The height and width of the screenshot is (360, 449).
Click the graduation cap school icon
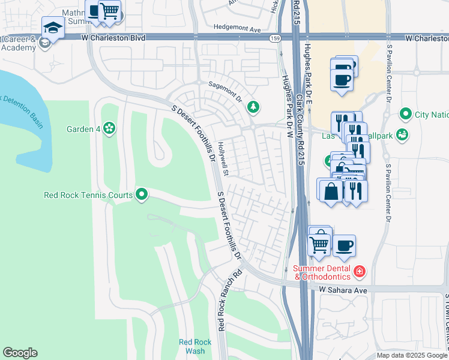pos(53,28)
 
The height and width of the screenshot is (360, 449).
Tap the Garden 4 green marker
pos(109,127)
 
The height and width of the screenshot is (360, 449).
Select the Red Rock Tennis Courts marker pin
pos(142,194)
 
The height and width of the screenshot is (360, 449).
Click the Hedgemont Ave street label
pos(238,28)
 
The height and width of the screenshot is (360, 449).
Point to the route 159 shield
pos(275,38)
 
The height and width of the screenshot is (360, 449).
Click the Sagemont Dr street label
pos(224,87)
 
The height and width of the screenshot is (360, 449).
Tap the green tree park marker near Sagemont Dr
pos(253,107)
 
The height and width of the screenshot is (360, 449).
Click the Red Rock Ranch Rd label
pos(221,300)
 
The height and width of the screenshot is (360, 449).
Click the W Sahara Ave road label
pos(343,290)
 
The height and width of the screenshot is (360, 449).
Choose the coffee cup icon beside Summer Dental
pos(345,245)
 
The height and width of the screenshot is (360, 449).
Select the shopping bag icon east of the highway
pos(331,191)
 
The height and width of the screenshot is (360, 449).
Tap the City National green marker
pos(406,114)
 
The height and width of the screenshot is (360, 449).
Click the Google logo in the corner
pos(20,353)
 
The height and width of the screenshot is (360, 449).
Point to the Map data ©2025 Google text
pos(412,355)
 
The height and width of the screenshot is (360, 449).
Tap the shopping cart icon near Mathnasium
pos(109,11)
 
